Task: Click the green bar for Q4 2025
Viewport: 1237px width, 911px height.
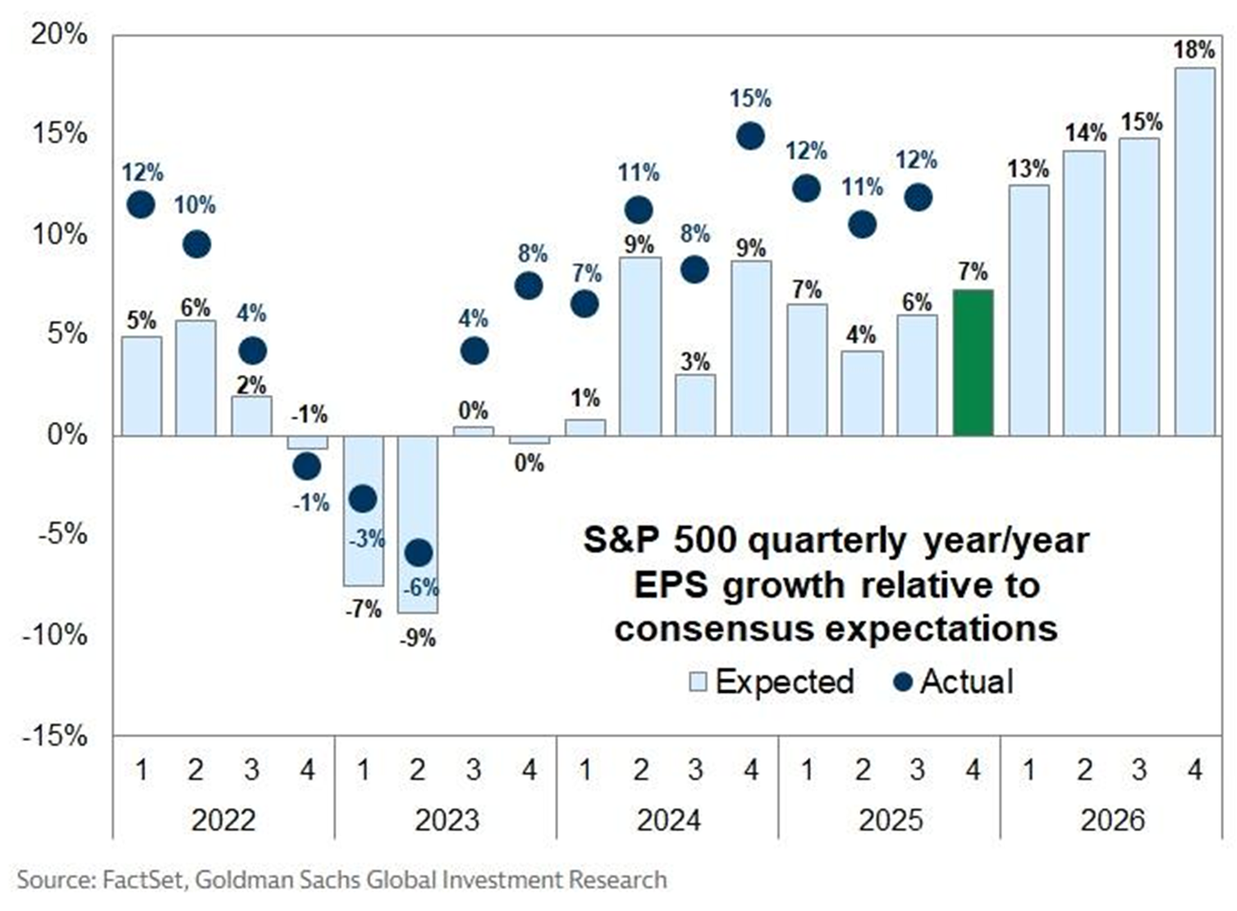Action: pos(973,362)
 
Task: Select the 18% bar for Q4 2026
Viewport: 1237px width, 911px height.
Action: pos(1194,251)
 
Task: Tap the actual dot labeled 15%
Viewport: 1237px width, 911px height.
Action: pos(750,136)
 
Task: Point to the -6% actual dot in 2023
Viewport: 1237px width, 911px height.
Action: pos(418,553)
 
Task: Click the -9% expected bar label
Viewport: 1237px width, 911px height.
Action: pos(418,638)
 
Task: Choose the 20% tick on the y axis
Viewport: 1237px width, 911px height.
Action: pos(59,34)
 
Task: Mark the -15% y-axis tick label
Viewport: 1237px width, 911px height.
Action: pos(54,735)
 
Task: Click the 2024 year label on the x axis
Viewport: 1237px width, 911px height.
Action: pos(668,820)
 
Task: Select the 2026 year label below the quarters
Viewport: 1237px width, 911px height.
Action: pos(1111,820)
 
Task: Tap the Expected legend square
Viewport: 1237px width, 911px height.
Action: pos(698,682)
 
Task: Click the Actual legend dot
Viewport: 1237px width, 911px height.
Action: pos(902,682)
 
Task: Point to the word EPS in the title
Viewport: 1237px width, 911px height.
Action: pos(669,585)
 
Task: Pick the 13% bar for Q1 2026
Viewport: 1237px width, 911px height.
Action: pos(1029,310)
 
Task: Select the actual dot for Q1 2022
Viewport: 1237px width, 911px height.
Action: pos(140,204)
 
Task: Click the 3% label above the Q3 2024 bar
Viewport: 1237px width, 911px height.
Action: pos(695,361)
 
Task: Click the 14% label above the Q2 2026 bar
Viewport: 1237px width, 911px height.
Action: pos(1085,132)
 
